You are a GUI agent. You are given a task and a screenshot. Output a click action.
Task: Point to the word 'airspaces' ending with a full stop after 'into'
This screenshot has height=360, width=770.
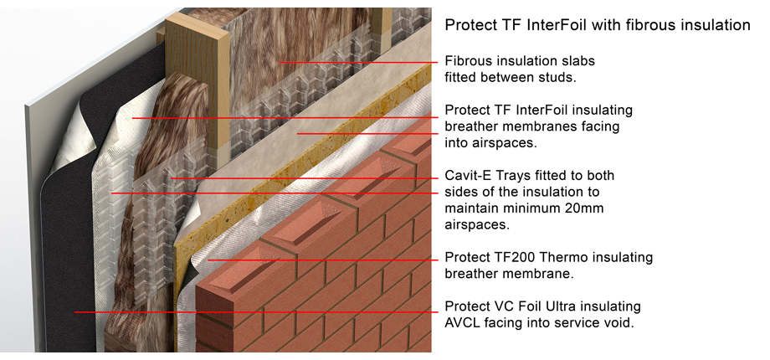coord(506,143)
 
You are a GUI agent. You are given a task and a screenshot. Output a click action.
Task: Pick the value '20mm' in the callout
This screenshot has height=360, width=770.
coord(583,208)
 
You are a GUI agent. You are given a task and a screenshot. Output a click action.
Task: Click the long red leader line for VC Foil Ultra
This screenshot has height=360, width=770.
coord(251,311)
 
